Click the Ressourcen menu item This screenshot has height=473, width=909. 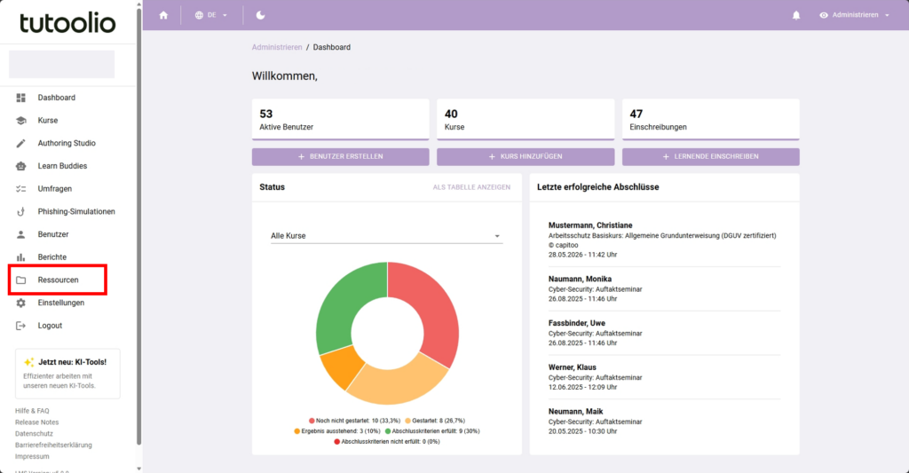point(58,280)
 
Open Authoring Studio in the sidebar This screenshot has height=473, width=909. point(67,143)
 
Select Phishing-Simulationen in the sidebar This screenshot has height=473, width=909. point(76,211)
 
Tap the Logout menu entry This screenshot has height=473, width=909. point(50,326)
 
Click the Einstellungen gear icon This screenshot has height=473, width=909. point(21,303)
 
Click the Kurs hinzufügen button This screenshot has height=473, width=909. point(526,156)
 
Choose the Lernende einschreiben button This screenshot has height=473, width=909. point(711,156)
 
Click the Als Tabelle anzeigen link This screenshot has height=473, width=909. point(471,187)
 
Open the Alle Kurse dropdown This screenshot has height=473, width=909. point(386,236)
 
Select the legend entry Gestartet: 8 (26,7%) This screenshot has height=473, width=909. point(435,421)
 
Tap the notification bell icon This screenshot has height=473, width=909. point(796,15)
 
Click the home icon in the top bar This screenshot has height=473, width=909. point(163,15)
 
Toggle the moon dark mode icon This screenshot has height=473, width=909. point(260,15)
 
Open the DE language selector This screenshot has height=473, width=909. point(211,15)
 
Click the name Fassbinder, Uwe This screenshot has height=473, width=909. point(576,323)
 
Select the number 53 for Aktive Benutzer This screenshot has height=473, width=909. point(266,114)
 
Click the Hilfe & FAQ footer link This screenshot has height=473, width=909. point(32,411)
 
